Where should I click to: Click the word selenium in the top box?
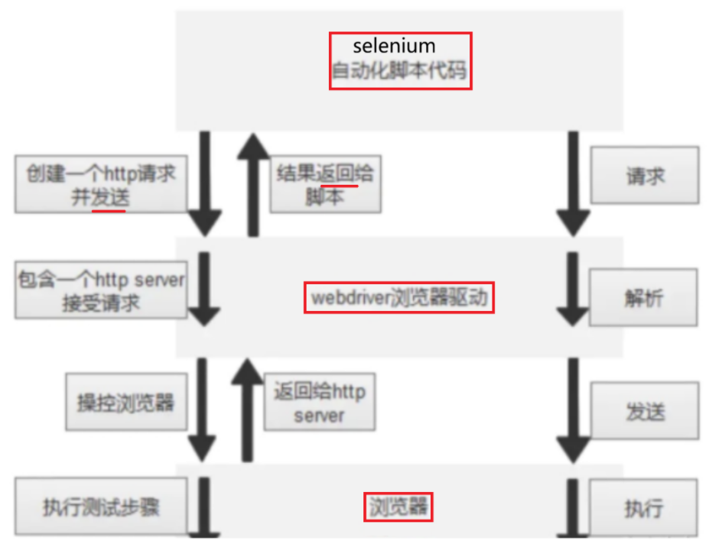[x=394, y=47]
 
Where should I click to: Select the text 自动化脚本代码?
[x=399, y=73]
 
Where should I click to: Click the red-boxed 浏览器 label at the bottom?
[x=397, y=506]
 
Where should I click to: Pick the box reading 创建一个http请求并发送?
[x=100, y=184]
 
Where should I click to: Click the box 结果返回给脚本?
[x=325, y=184]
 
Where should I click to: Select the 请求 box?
[x=645, y=176]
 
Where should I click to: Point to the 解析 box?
[x=645, y=297]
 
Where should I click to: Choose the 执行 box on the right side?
[x=644, y=508]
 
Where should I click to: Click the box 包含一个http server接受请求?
[x=100, y=290]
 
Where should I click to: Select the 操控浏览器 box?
[x=125, y=402]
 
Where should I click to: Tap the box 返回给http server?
[x=320, y=403]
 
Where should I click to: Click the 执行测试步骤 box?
[x=100, y=507]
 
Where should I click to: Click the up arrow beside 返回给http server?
[x=246, y=409]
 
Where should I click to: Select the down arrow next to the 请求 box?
[x=574, y=183]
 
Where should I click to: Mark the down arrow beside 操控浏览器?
[x=203, y=409]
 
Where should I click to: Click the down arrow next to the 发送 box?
[x=574, y=409]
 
